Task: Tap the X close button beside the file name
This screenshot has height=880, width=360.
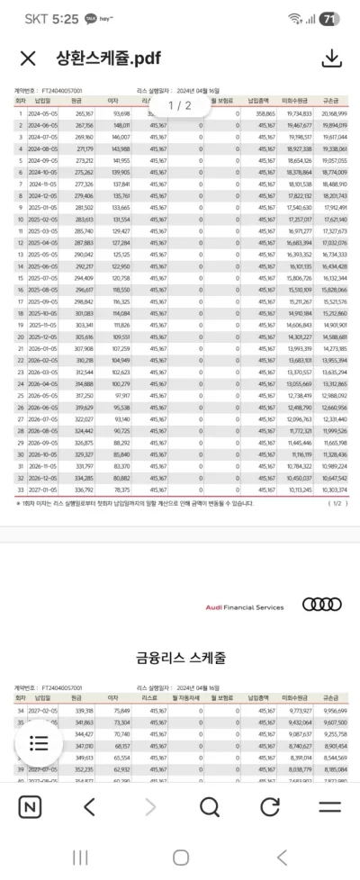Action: tap(28, 59)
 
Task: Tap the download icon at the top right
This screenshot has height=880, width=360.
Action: tap(332, 58)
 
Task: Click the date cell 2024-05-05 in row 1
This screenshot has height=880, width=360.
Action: tap(44, 114)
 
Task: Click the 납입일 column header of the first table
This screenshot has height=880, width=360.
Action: tap(42, 103)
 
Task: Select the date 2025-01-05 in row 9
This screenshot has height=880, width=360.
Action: tap(44, 207)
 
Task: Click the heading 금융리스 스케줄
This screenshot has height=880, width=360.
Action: tap(180, 658)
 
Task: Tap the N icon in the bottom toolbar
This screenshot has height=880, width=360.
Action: tap(30, 806)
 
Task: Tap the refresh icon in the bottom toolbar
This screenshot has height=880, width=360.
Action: tap(270, 806)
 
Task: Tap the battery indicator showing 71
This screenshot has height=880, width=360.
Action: tap(329, 19)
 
